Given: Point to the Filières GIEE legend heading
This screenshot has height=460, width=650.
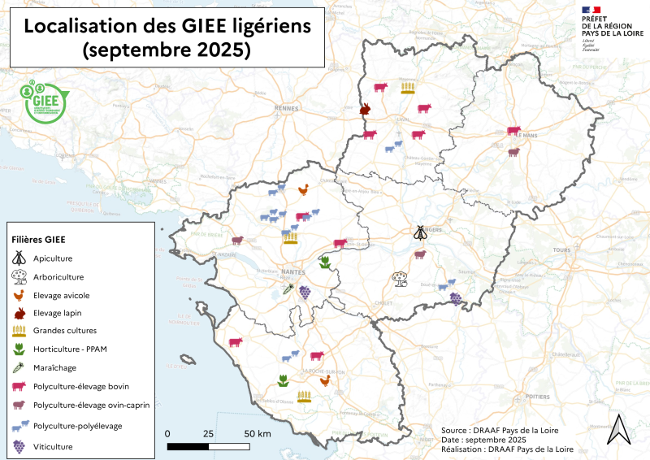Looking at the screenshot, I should pyautogui.click(x=38, y=240).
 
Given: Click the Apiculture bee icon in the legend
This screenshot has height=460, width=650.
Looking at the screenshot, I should pyautogui.click(x=19, y=258).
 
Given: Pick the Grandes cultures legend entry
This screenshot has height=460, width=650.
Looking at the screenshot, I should pyautogui.click(x=65, y=331).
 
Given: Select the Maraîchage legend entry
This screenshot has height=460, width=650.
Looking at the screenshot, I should pyautogui.click(x=58, y=367).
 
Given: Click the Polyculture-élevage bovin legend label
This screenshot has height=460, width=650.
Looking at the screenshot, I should pyautogui.click(x=81, y=386).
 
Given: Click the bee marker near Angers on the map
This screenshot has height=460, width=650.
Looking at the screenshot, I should pyautogui.click(x=419, y=233).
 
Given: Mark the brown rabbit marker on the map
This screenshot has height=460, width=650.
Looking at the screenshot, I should pyautogui.click(x=366, y=109).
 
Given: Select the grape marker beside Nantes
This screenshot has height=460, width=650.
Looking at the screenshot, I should pyautogui.click(x=305, y=291).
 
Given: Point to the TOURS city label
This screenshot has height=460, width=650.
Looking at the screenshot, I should pyautogui.click(x=561, y=250).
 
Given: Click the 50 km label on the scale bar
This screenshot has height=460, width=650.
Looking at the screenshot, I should pyautogui.click(x=257, y=434).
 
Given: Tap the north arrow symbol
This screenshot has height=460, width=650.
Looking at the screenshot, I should pyautogui.click(x=620, y=429).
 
